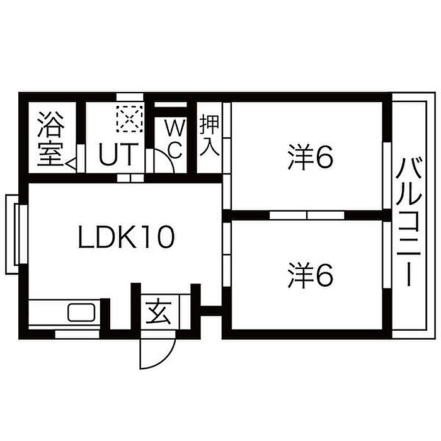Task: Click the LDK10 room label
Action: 126,237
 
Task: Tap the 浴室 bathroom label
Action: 51,139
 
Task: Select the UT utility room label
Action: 118,154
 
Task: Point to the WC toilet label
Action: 175,139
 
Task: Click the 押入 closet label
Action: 210,136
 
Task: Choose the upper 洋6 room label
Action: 311,157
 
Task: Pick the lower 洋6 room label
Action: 311,276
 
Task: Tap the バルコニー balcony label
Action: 409,222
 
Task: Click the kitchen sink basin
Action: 81,312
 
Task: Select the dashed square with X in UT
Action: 129,119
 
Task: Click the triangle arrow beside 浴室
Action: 71,163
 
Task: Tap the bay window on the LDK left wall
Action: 16,234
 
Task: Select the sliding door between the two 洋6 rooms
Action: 307,215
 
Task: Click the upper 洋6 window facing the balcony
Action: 387,176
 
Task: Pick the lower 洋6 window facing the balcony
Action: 387,255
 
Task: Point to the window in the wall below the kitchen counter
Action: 77,335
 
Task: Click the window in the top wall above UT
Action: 130,97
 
